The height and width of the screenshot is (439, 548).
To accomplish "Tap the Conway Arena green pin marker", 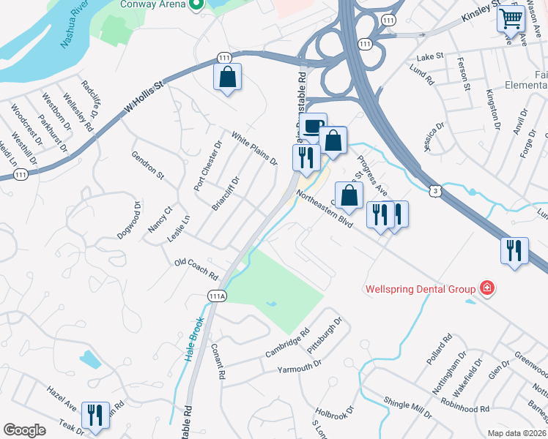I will click(x=196, y=4).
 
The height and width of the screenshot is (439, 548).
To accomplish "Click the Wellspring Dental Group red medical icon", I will click(x=485, y=289).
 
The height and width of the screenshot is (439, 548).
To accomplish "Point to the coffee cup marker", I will click(x=313, y=127).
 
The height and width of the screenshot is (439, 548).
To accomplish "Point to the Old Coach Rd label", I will click(x=196, y=270).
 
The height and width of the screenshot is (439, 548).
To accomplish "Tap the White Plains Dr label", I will click(x=254, y=148).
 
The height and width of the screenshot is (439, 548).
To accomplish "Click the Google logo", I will click(x=24, y=430).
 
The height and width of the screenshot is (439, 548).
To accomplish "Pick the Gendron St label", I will click(x=147, y=165).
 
